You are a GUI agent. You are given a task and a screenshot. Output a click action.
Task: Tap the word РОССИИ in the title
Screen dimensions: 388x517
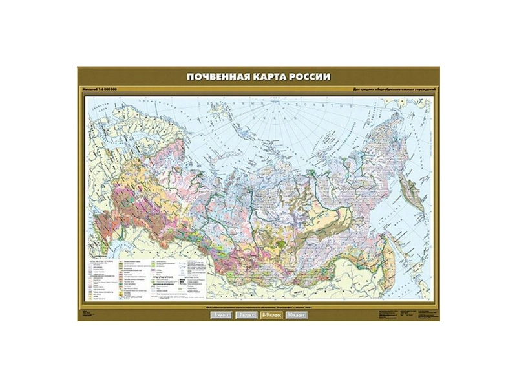pos(308,76)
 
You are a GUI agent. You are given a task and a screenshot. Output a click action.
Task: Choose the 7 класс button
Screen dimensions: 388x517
pos(244,315)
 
